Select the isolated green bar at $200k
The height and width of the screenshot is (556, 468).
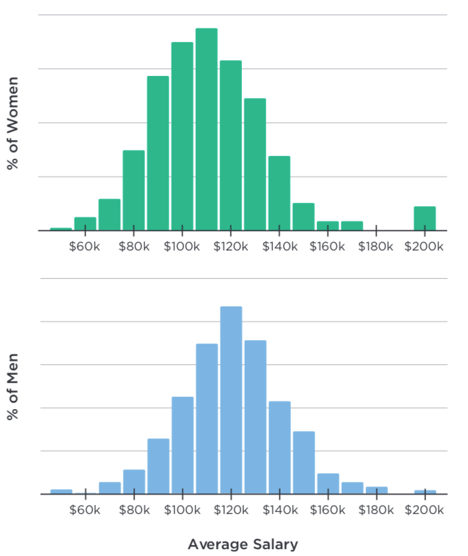coord(425,218)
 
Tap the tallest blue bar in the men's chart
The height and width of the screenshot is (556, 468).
coord(231,400)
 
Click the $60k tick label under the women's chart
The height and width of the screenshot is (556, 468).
coord(85,247)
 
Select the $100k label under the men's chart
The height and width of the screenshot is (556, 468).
coord(183,510)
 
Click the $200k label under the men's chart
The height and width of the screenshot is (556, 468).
coord(425,510)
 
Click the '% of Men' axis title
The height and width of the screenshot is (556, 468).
coord(12,388)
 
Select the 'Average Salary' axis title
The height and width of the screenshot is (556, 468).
coord(243,544)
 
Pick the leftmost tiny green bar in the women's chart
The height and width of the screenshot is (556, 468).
coord(61,228)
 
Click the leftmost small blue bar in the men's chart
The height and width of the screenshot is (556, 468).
coord(61,491)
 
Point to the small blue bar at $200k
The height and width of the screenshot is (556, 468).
coord(425,492)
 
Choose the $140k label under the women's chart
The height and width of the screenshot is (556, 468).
coord(279,247)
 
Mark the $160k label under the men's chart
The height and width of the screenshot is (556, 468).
coord(327,510)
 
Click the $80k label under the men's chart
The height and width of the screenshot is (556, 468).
coord(134,510)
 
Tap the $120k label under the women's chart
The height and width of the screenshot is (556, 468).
coord(231,247)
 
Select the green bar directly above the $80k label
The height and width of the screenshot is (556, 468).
coord(134,190)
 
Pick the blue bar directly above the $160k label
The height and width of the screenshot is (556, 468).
coord(327,484)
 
